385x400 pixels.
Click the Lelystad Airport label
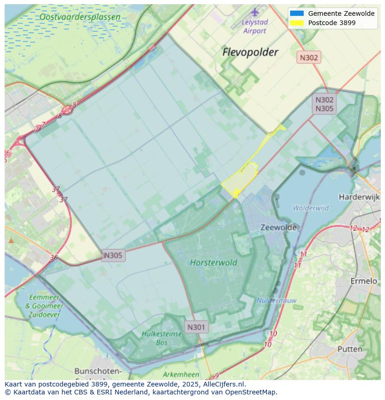(x=254, y=26)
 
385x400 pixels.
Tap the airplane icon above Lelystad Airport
(x=255, y=12)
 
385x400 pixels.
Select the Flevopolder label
(x=250, y=52)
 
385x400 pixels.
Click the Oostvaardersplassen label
(x=80, y=17)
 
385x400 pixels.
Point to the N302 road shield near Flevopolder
(x=309, y=58)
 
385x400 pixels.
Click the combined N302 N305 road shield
(x=325, y=104)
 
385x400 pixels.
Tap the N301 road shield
(x=196, y=327)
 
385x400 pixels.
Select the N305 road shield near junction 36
(x=113, y=255)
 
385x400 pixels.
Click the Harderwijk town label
(x=359, y=197)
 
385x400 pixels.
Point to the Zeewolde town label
(x=279, y=228)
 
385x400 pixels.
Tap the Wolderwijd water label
(x=311, y=208)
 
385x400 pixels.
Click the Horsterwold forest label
(x=213, y=262)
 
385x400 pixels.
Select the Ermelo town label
(x=363, y=281)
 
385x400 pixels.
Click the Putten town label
(x=350, y=349)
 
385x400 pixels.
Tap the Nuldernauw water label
(x=277, y=301)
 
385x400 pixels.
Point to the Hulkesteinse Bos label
(x=155, y=338)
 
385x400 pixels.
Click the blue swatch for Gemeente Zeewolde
(x=296, y=13)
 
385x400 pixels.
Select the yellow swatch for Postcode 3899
(x=296, y=23)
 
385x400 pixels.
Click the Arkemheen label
(x=181, y=374)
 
